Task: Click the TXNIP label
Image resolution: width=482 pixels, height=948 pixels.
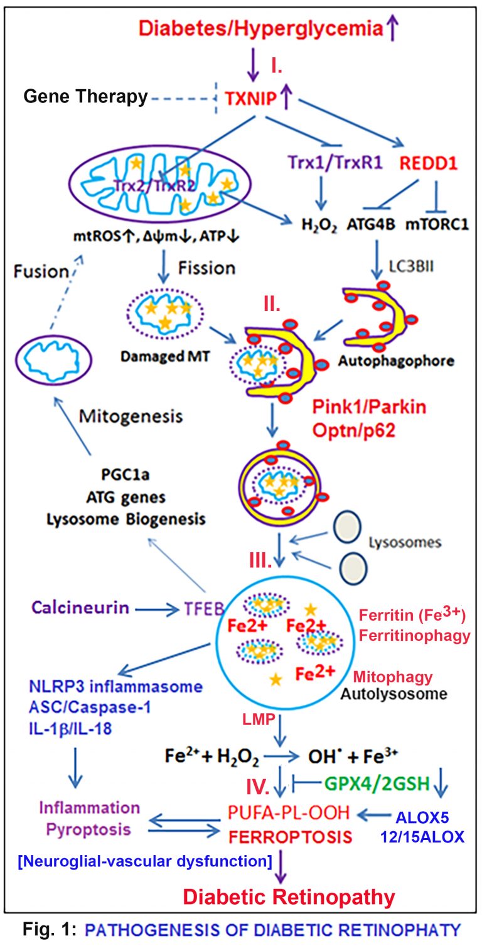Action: point(250,99)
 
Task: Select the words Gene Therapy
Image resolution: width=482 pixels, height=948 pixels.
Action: point(85,97)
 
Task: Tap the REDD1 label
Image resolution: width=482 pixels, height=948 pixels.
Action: point(428,163)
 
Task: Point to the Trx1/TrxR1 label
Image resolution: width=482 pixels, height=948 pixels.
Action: point(335,162)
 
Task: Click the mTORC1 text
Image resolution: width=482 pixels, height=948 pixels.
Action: point(437,224)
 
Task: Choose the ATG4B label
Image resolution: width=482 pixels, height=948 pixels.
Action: point(371,224)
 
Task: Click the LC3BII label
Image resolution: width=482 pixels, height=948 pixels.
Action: point(411,266)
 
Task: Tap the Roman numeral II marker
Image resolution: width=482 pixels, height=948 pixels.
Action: point(272,304)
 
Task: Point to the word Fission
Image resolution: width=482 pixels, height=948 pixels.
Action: point(206,268)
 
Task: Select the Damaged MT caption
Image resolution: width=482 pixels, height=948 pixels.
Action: point(165,356)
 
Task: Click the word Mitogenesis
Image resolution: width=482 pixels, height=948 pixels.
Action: point(131,417)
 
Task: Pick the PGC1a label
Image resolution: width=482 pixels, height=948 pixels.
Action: point(125,475)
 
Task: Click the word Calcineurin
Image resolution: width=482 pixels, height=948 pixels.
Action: point(80,607)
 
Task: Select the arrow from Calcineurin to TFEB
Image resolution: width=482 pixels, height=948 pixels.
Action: point(157,609)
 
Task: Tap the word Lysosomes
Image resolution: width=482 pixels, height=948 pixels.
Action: point(405,543)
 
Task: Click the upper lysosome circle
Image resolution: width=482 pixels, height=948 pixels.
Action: point(347,528)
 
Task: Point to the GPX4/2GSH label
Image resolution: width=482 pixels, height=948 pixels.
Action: point(377,783)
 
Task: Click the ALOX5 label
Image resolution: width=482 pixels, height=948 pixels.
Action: point(422,817)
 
